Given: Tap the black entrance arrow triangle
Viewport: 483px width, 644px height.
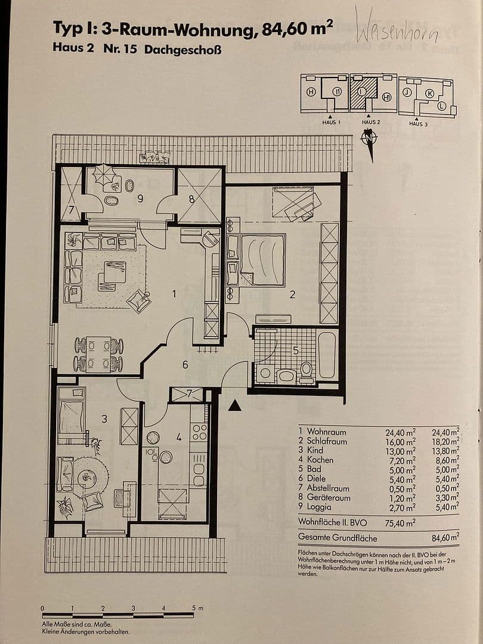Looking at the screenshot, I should tap(236, 405).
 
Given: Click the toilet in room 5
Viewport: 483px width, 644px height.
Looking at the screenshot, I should tap(306, 371).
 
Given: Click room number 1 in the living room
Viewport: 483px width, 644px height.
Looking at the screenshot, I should tap(174, 293).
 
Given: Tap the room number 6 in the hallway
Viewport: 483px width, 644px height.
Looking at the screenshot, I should tap(185, 364).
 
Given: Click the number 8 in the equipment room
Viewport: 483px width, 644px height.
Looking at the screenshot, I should tap(192, 200).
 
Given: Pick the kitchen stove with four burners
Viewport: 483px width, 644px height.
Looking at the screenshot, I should tap(199, 432).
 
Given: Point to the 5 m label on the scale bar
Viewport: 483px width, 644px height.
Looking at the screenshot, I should tap(197, 608).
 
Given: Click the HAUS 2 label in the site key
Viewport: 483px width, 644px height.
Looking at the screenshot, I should tap(370, 122).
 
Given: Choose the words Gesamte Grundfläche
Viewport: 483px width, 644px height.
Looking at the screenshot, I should tap(338, 538).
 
